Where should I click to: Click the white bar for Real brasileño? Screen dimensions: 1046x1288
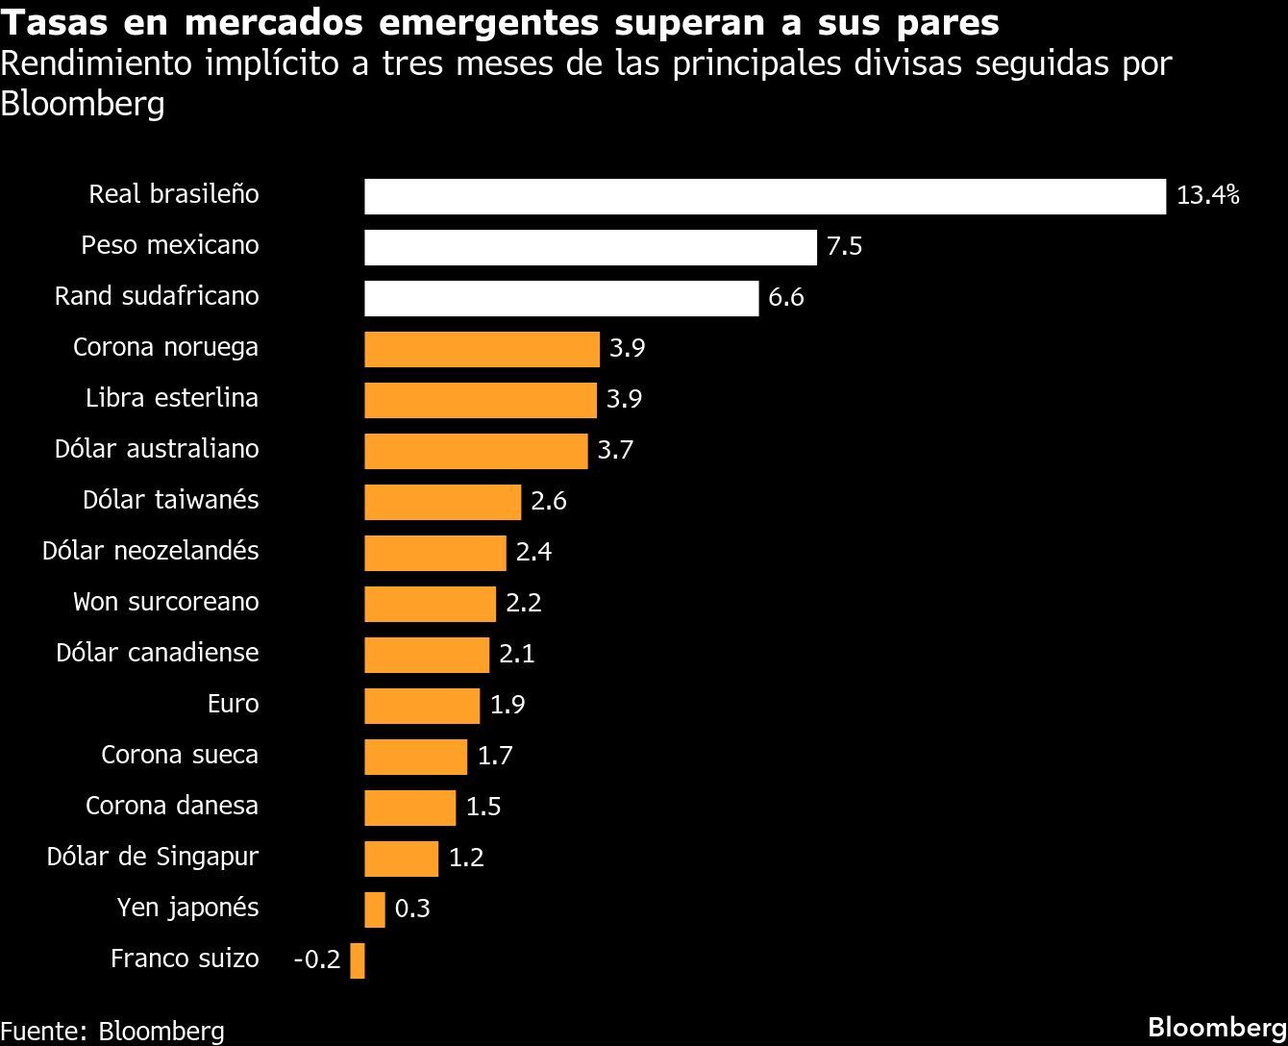(x=764, y=196)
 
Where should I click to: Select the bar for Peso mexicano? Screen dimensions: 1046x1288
(x=590, y=247)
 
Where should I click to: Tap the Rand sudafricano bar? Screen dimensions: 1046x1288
(x=561, y=298)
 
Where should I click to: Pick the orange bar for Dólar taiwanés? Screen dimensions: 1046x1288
(x=442, y=502)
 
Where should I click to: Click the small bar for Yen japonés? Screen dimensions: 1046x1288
(x=375, y=909)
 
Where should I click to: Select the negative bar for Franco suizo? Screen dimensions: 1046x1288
(x=358, y=960)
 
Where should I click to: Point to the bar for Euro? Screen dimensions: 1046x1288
(x=422, y=706)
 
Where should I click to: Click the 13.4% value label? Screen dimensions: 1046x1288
(x=1208, y=196)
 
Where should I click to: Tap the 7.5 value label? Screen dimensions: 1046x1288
(x=844, y=247)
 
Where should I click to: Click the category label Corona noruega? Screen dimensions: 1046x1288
(x=165, y=347)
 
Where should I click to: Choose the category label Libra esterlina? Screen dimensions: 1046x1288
(x=171, y=398)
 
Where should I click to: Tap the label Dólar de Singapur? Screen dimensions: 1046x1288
(x=153, y=857)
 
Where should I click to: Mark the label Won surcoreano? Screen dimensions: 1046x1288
(x=165, y=602)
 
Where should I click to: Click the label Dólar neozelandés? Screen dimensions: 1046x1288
(x=150, y=551)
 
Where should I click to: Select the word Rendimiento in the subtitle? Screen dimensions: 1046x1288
(x=97, y=64)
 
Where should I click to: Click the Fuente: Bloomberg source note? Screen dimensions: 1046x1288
(x=112, y=1030)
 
